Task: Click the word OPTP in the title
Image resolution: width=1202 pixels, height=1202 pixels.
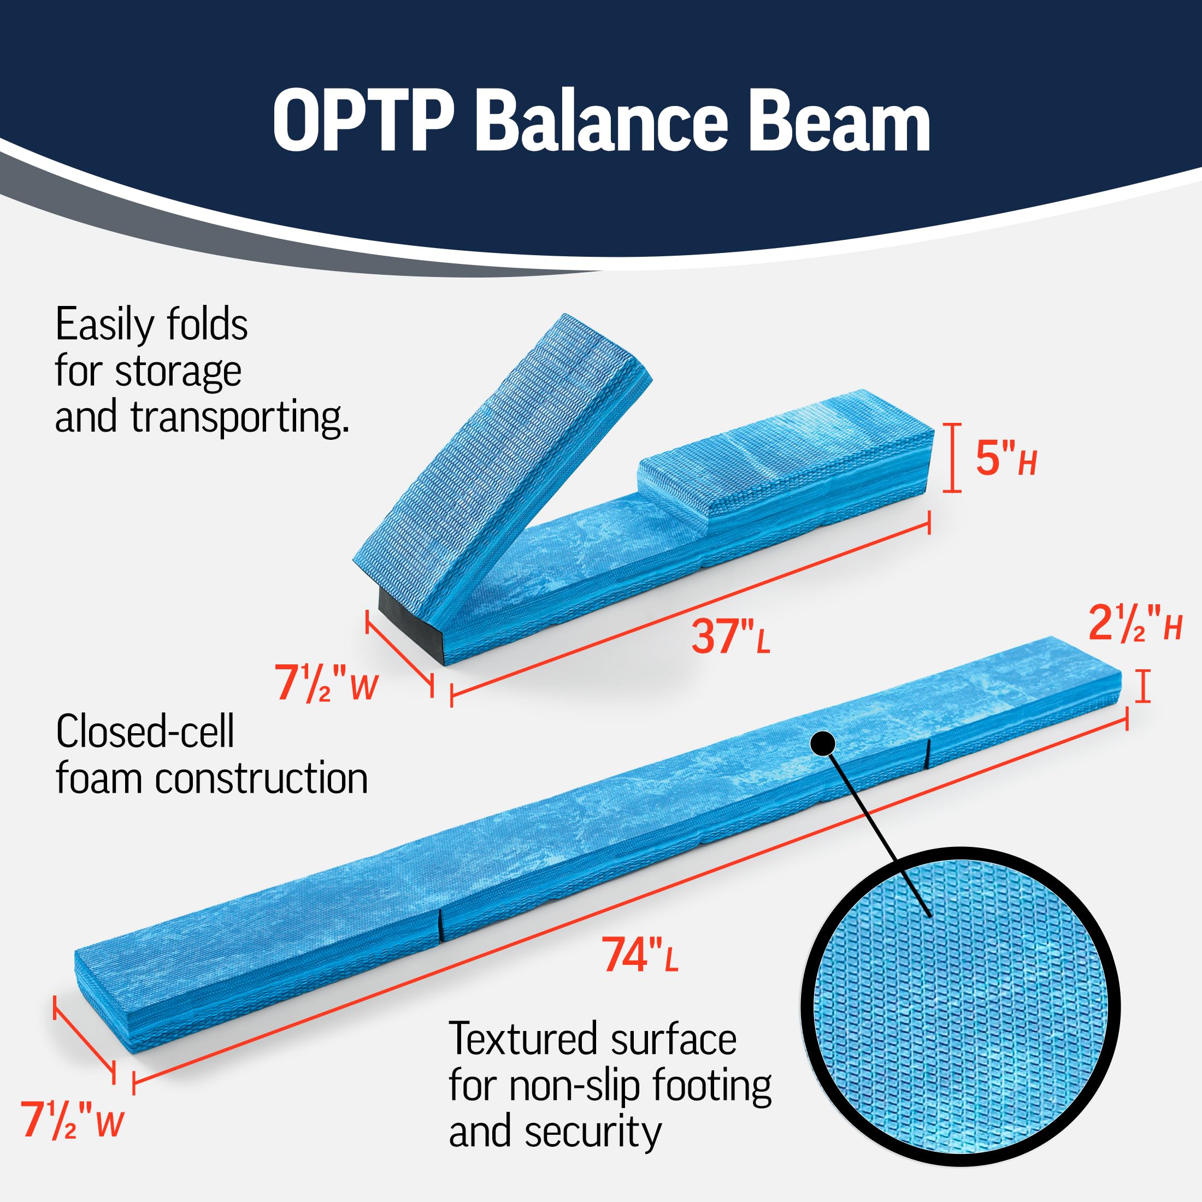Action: coord(362,121)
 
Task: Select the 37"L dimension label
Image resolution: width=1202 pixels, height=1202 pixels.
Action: coord(731,637)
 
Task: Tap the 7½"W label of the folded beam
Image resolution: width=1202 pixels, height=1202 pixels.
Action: coord(327,684)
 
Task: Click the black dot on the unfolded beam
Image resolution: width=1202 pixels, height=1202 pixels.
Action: coord(822,743)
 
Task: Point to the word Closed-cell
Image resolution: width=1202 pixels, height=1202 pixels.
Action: coord(145,732)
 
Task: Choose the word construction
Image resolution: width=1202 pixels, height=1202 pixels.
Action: coord(261,779)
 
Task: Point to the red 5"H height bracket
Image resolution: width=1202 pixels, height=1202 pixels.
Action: coord(952,458)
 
